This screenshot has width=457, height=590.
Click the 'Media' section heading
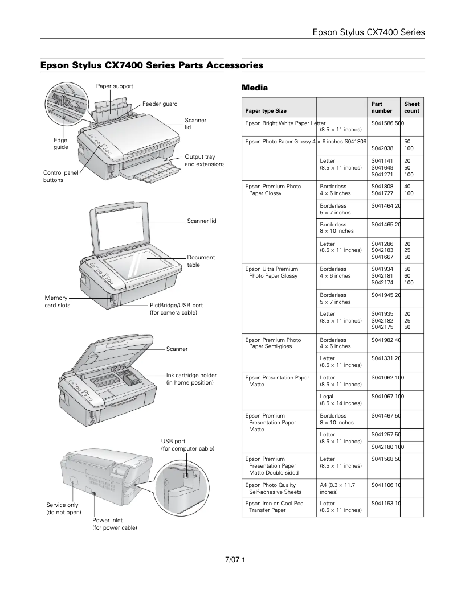click(x=255, y=88)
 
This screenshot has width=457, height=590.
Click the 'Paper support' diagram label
click(x=114, y=86)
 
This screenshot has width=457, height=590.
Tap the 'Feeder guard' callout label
click(x=160, y=104)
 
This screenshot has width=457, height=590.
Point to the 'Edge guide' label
click(x=60, y=143)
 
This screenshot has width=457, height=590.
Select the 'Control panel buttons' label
click(x=61, y=176)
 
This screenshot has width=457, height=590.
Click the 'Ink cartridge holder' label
click(x=191, y=379)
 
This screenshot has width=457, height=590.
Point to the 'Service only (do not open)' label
click(x=63, y=509)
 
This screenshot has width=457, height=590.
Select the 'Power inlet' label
click(x=115, y=524)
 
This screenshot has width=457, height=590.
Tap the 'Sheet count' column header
click(x=411, y=108)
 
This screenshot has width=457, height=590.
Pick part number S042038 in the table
click(x=382, y=148)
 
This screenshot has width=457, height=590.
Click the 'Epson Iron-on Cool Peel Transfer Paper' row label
click(x=275, y=506)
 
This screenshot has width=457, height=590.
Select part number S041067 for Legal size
click(x=382, y=396)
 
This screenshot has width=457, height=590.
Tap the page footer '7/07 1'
click(x=235, y=560)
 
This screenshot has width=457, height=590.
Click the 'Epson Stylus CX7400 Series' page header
click(x=369, y=32)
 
